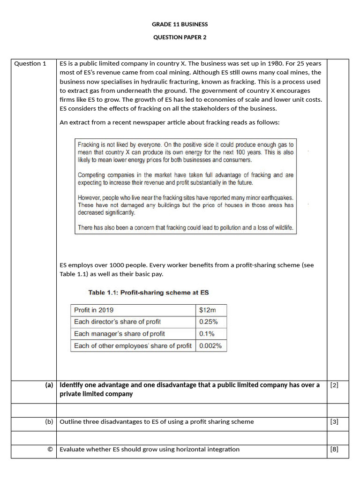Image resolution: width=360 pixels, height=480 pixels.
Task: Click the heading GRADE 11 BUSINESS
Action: [180, 24]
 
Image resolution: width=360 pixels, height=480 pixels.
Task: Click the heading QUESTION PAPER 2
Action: [180, 37]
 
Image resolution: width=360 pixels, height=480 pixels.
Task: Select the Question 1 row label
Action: [30, 64]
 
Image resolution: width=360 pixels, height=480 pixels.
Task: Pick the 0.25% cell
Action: [208, 322]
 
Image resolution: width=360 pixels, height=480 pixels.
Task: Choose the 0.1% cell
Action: [207, 334]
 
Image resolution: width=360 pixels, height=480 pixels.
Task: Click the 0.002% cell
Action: [210, 346]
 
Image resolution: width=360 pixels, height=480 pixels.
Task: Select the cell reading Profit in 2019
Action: [94, 310]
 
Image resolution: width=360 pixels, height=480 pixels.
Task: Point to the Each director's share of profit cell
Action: [117, 322]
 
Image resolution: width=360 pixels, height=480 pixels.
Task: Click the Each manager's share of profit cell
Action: [119, 334]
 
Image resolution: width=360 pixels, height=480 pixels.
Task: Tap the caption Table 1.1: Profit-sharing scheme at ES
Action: [149, 292]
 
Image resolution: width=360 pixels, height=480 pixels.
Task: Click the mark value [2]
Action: [334, 385]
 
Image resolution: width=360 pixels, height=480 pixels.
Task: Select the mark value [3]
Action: [334, 422]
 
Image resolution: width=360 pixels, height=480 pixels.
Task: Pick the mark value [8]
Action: [334, 450]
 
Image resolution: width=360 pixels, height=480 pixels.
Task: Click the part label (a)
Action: [49, 385]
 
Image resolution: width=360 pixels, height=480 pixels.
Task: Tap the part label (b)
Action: [49, 422]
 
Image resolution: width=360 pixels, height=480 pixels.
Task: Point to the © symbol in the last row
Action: [50, 450]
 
